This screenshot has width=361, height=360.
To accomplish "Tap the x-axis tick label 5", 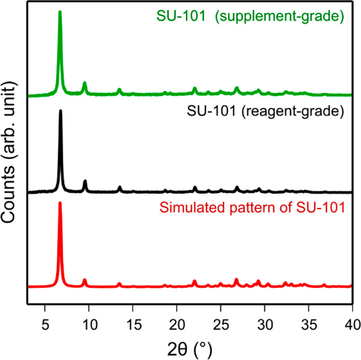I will tap(45, 323).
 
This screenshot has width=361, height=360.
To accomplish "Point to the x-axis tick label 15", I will tap(133, 323).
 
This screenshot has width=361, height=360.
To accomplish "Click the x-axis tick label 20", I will tap(177, 323).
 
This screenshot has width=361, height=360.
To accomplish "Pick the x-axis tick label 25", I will tap(221, 323).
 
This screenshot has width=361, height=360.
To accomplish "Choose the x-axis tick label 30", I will tap(265, 323).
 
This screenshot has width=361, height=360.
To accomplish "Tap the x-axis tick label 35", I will tap(309, 323).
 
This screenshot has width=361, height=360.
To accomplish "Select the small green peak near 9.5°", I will tap(85, 84).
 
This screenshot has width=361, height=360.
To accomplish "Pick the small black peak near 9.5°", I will tap(85, 182).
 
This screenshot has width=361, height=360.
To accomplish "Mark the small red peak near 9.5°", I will tap(85, 280).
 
